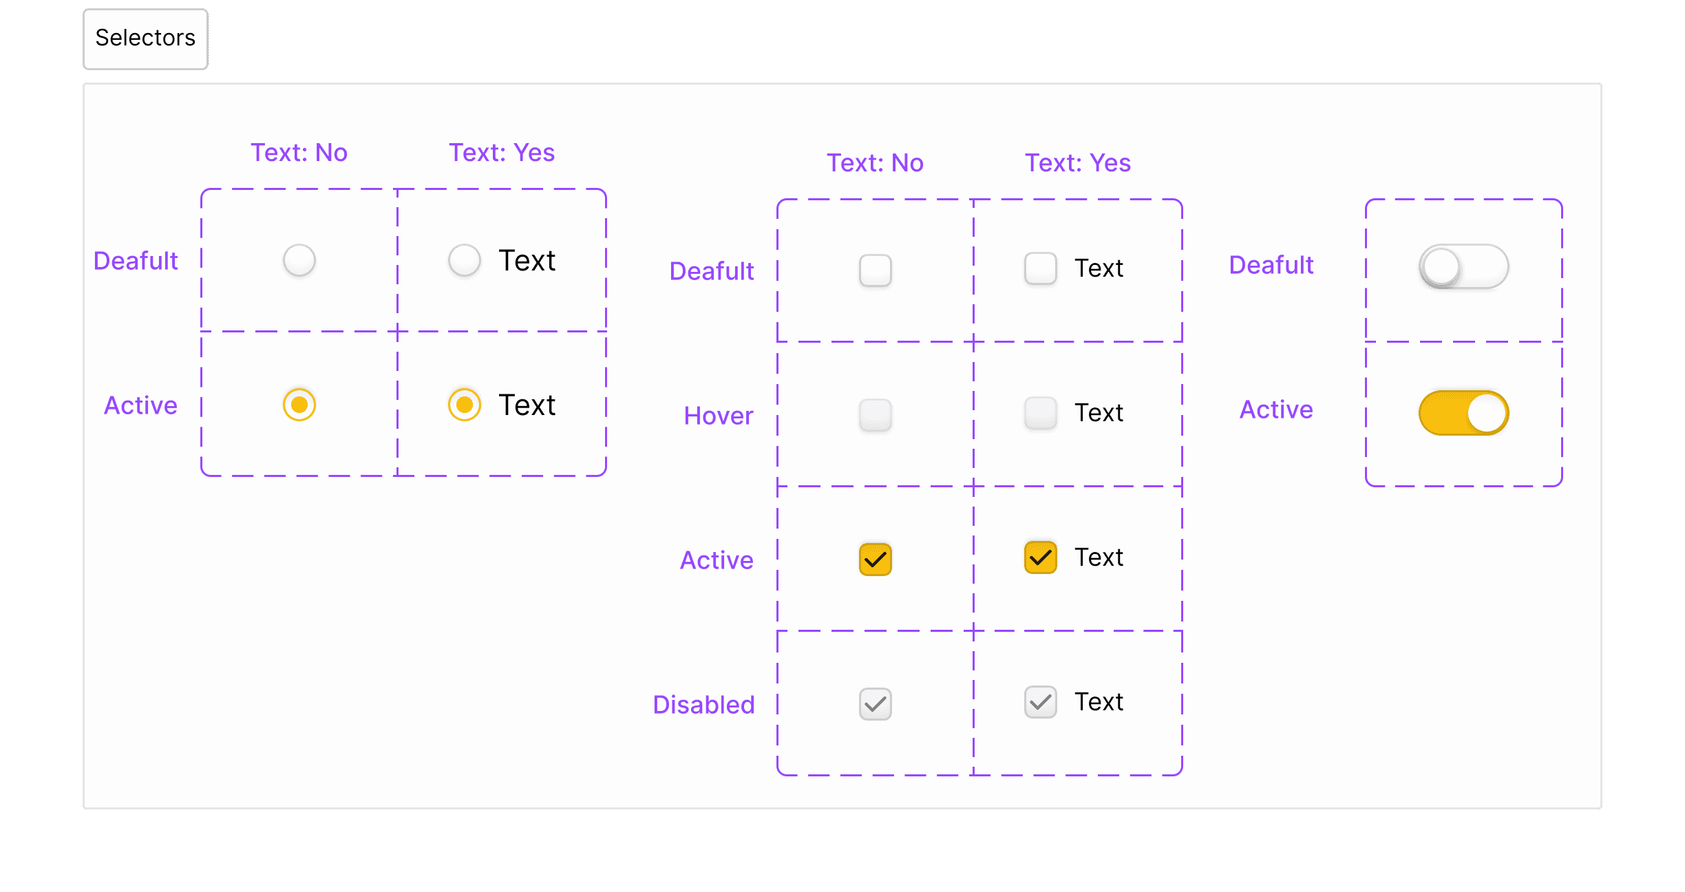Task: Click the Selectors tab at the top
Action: (x=145, y=39)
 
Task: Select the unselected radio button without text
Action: (x=299, y=260)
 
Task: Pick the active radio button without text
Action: (x=299, y=405)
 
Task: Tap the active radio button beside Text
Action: (x=465, y=405)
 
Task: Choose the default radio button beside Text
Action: (x=465, y=260)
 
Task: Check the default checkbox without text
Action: (x=876, y=270)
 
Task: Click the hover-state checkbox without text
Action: (x=876, y=415)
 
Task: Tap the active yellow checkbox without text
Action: (x=876, y=560)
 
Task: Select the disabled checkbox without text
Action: (x=876, y=704)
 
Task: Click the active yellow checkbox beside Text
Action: (x=1041, y=557)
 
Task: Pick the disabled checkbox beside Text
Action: (x=1041, y=702)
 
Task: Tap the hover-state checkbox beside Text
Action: (x=1041, y=413)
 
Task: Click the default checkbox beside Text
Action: (x=1041, y=268)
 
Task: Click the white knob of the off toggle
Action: (x=1441, y=267)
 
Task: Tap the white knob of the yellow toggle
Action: (x=1487, y=413)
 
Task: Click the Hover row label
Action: (x=719, y=416)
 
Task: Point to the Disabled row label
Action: (x=703, y=705)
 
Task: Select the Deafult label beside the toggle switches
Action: (x=1271, y=265)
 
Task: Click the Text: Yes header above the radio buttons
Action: (x=502, y=153)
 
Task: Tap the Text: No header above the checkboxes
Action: (x=875, y=163)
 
